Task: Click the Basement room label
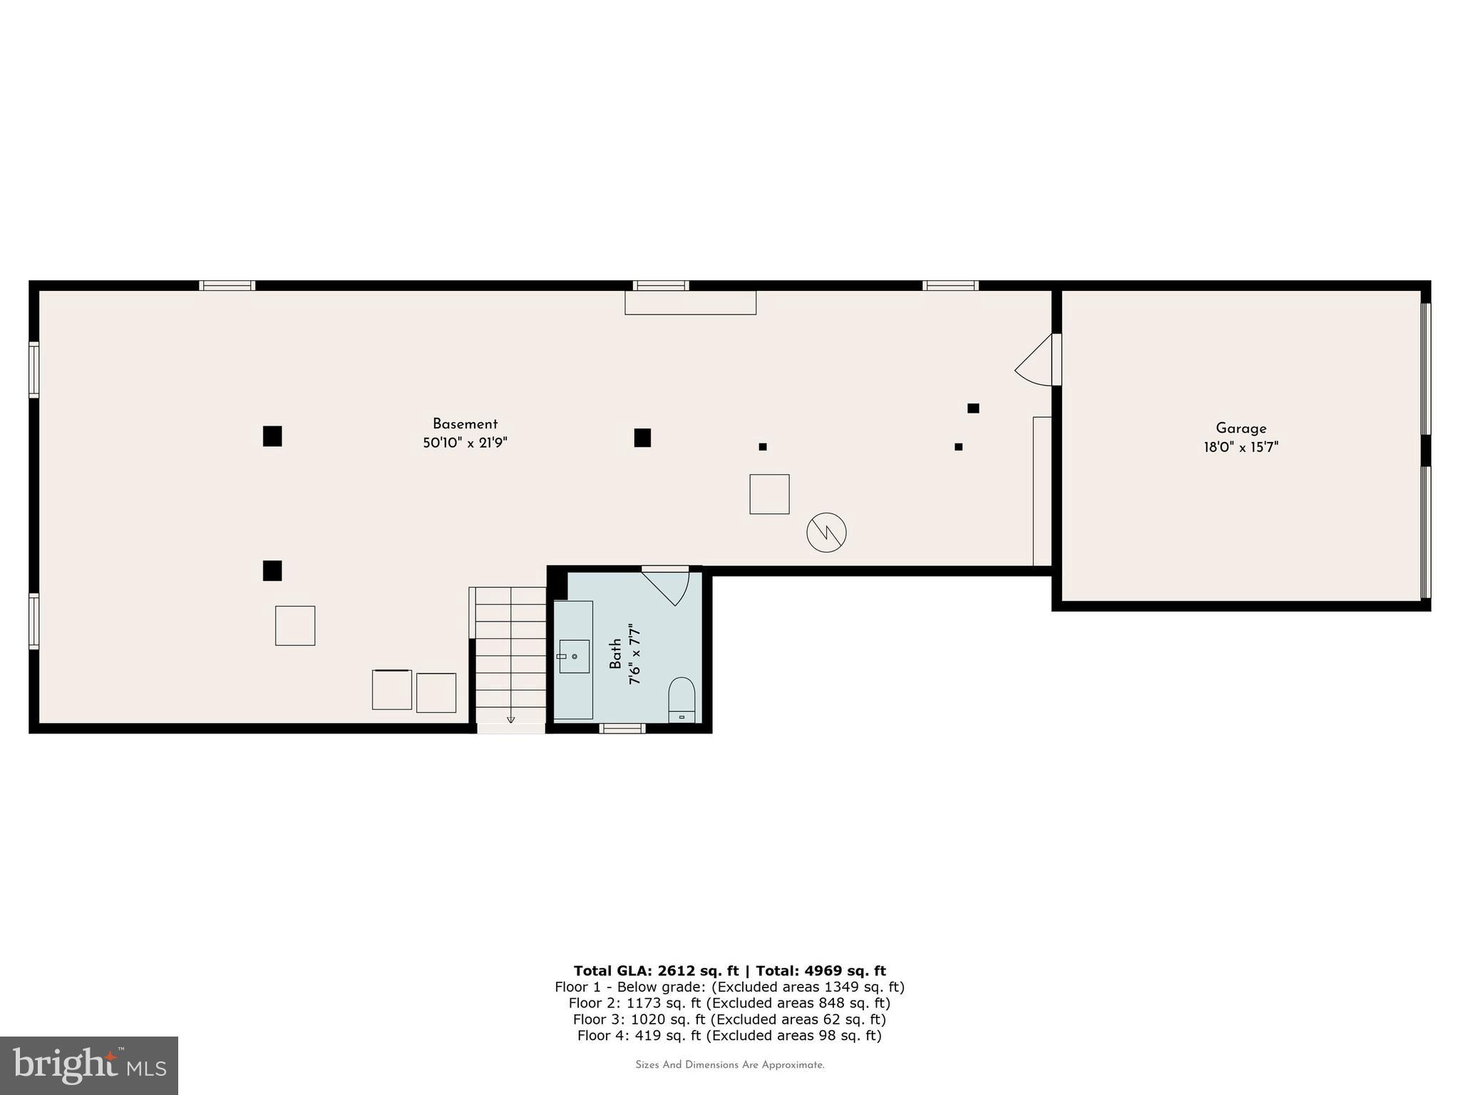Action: click(x=465, y=424)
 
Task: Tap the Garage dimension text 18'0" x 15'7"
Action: click(x=1241, y=448)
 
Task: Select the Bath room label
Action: click(x=615, y=653)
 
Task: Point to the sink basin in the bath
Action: click(x=574, y=656)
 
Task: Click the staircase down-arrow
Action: click(x=510, y=720)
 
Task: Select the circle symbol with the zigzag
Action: click(x=826, y=533)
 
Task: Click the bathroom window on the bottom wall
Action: click(x=622, y=729)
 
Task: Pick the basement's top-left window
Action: click(x=227, y=286)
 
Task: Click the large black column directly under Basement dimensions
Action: click(x=642, y=438)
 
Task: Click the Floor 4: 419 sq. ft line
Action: click(x=729, y=1036)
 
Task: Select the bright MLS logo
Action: click(x=88, y=1065)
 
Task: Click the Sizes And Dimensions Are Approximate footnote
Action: click(x=729, y=1065)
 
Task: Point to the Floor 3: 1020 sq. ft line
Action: click(x=729, y=1019)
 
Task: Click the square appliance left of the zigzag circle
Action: click(x=769, y=494)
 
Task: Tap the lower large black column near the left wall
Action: click(x=272, y=571)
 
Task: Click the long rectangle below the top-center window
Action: click(x=690, y=303)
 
